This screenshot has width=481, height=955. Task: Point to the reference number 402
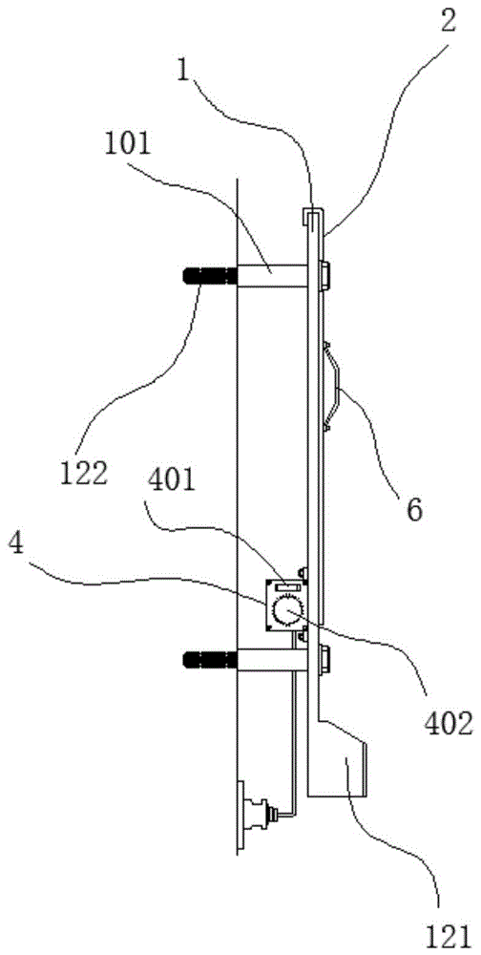[x=446, y=722]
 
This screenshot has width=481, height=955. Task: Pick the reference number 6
[x=414, y=510]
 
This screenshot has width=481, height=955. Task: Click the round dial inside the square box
[x=285, y=611]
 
